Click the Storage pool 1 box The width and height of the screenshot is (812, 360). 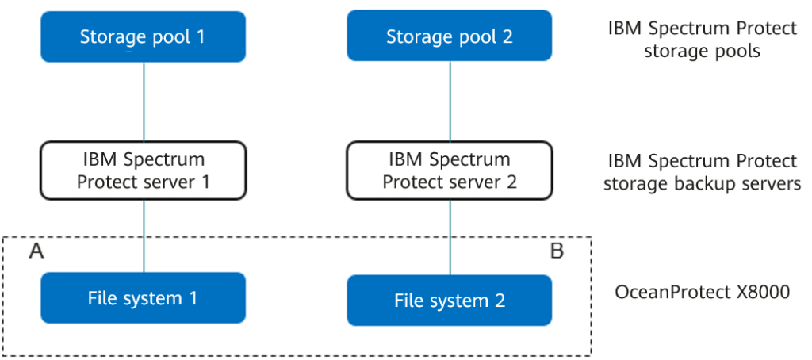tap(144, 36)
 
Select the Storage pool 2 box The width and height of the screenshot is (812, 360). tap(450, 36)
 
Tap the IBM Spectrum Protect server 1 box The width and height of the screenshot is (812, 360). tap(144, 170)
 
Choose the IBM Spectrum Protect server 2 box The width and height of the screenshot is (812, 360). tap(450, 170)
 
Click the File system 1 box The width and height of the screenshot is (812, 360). tap(144, 298)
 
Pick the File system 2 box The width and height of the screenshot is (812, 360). tap(450, 301)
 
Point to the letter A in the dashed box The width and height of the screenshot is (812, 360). tap(36, 251)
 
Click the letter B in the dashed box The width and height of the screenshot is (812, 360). tap(557, 252)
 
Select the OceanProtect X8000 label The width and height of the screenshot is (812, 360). tap(702, 292)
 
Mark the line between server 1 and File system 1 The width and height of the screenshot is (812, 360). tap(144, 236)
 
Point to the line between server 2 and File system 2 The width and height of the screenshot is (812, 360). tap(450, 236)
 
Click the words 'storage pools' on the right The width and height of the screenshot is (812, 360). tap(702, 52)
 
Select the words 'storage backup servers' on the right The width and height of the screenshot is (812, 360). tap(702, 184)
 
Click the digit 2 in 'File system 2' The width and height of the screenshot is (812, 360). tap(500, 301)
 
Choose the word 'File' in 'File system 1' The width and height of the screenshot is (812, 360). tap(103, 298)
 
